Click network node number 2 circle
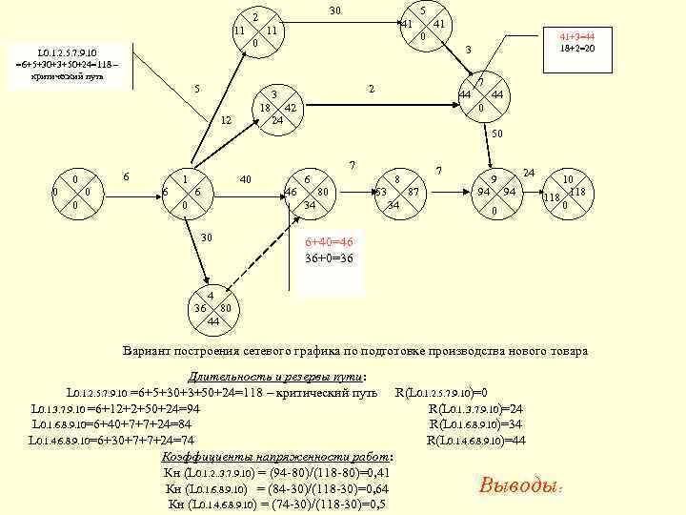coord(255,31)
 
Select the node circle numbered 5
coord(422,24)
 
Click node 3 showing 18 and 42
coord(274,108)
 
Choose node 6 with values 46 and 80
coord(309,193)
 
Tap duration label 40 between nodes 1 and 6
coord(245,179)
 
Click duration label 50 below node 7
coord(497,134)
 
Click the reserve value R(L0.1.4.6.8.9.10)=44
coord(475,440)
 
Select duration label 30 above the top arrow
coord(335,10)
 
